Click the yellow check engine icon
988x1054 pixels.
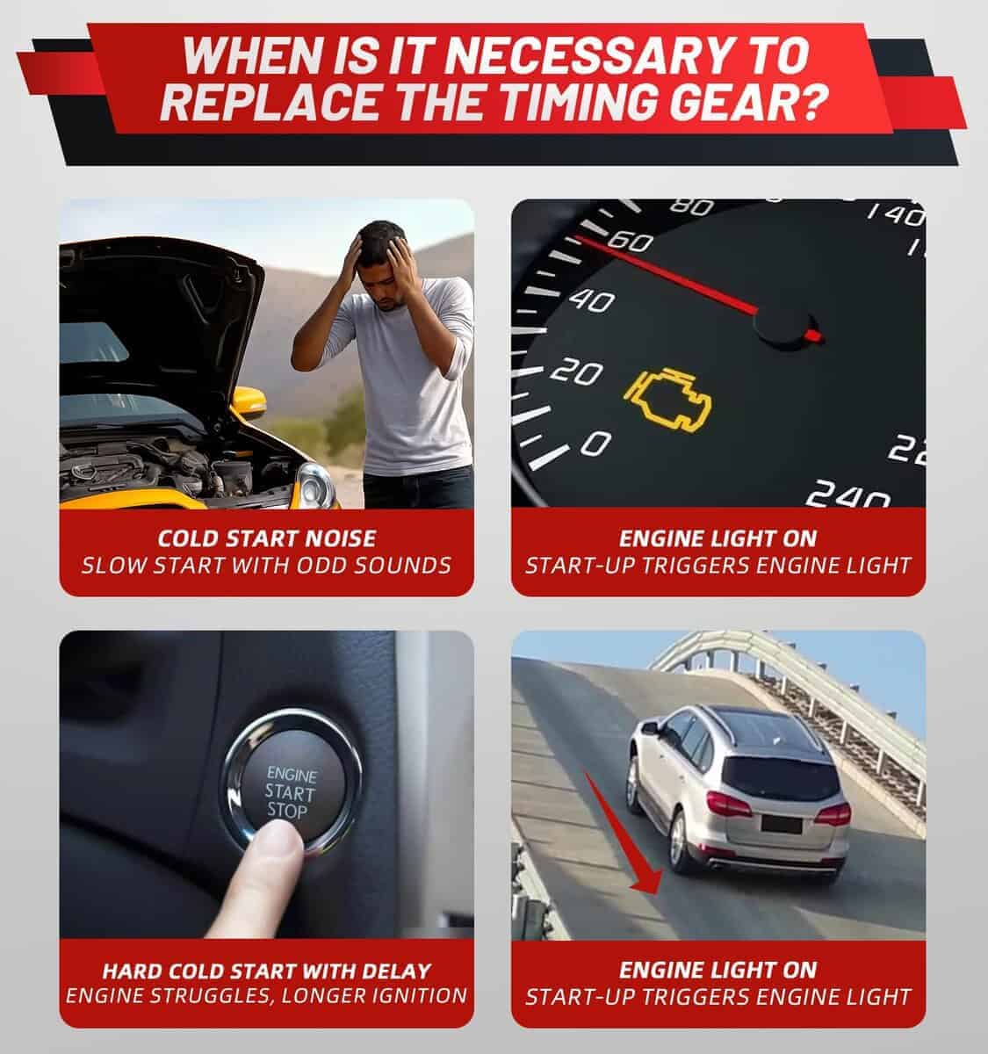pyautogui.click(x=667, y=401)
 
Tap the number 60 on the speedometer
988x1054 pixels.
pyautogui.click(x=631, y=242)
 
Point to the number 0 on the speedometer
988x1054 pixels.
pyautogui.click(x=595, y=444)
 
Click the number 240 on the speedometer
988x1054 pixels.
pyautogui.click(x=847, y=494)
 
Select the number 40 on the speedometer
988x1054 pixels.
pyautogui.click(x=592, y=302)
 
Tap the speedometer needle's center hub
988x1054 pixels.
pyautogui.click(x=782, y=325)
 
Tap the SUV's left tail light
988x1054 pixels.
pyautogui.click(x=728, y=805)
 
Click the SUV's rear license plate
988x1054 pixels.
pyautogui.click(x=781, y=824)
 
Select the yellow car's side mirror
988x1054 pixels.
pyautogui.click(x=249, y=401)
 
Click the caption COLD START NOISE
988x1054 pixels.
pyautogui.click(x=267, y=539)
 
